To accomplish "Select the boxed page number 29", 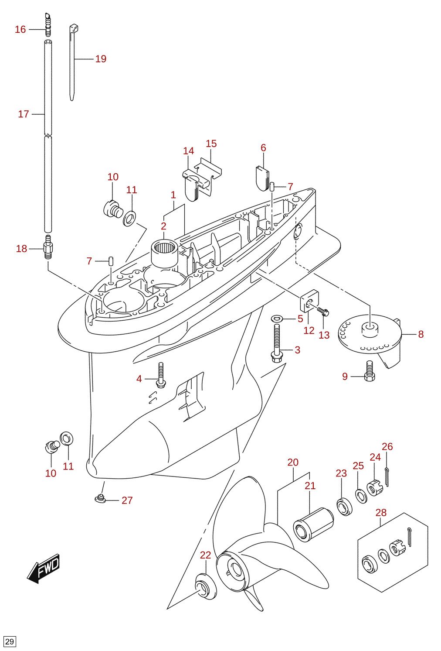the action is pyautogui.click(x=9, y=641).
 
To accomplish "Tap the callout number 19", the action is pyautogui.click(x=101, y=59).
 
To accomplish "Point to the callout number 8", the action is pyautogui.click(x=421, y=334).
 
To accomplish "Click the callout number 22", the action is pyautogui.click(x=205, y=555).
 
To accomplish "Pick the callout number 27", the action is pyautogui.click(x=127, y=500).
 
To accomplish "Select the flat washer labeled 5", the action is pyautogui.click(x=278, y=319).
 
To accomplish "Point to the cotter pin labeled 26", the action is pyautogui.click(x=387, y=476).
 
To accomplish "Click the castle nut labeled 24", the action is pyautogui.click(x=375, y=488).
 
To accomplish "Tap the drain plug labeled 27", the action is pyautogui.click(x=101, y=498).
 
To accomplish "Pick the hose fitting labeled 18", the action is pyautogui.click(x=48, y=247).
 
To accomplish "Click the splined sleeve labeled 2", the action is pyautogui.click(x=165, y=253).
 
